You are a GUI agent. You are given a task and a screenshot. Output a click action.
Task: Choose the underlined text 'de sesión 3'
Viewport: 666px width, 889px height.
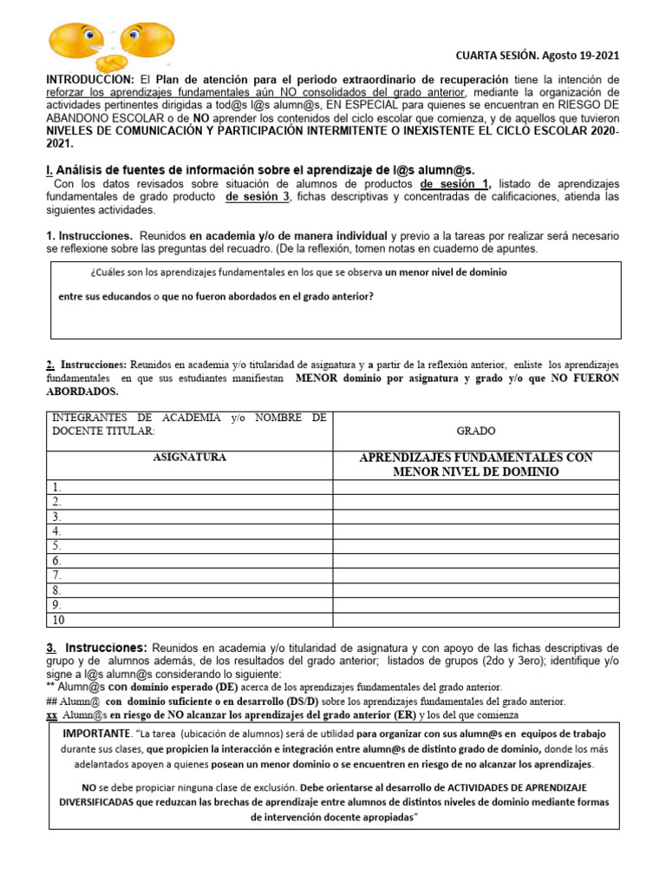257,197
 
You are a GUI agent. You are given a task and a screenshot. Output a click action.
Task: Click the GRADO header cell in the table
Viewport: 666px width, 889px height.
475,431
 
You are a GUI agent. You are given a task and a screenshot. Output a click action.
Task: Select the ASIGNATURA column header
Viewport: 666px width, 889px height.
189,457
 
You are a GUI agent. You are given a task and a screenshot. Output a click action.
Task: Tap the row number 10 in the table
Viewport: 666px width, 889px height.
59,619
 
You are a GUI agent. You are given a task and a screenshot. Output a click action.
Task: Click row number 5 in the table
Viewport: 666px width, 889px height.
56,545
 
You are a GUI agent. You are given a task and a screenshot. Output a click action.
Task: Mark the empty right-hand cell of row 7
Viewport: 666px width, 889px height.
475,575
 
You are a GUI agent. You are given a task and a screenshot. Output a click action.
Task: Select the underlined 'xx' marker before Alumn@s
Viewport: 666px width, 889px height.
49,714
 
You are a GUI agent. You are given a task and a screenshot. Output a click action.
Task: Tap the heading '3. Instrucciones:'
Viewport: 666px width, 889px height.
96,648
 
